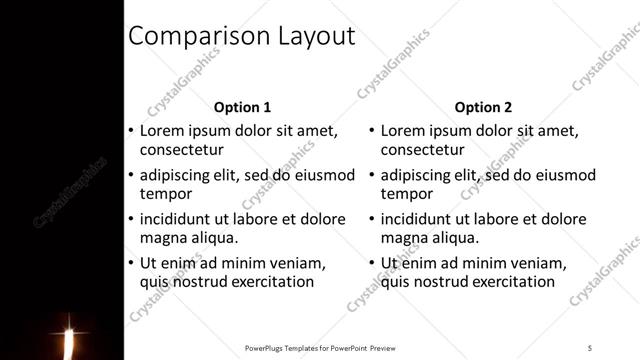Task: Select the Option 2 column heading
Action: point(483,107)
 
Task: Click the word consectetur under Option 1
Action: point(181,150)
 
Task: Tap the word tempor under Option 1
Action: point(165,194)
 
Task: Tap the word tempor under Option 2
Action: point(406,194)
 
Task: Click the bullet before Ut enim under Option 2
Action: point(371,263)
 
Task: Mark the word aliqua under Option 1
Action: point(213,238)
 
